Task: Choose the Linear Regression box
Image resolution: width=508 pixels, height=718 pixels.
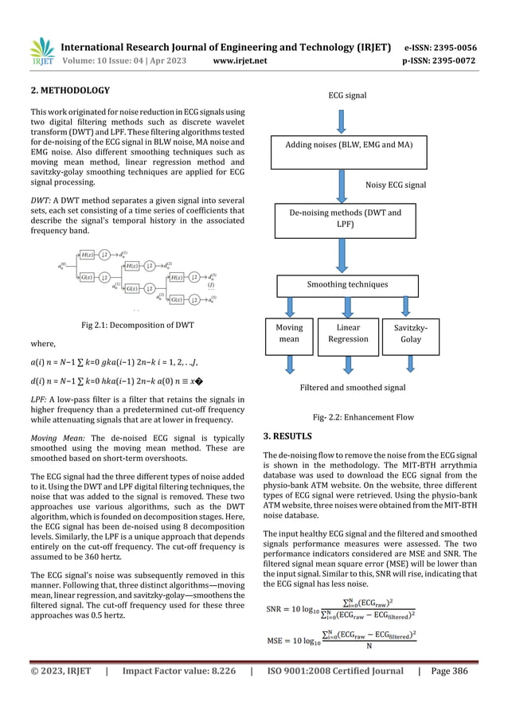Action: [348, 333]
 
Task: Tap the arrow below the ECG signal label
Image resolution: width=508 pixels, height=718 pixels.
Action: [342, 121]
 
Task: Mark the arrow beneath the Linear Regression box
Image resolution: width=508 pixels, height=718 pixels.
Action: [348, 365]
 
